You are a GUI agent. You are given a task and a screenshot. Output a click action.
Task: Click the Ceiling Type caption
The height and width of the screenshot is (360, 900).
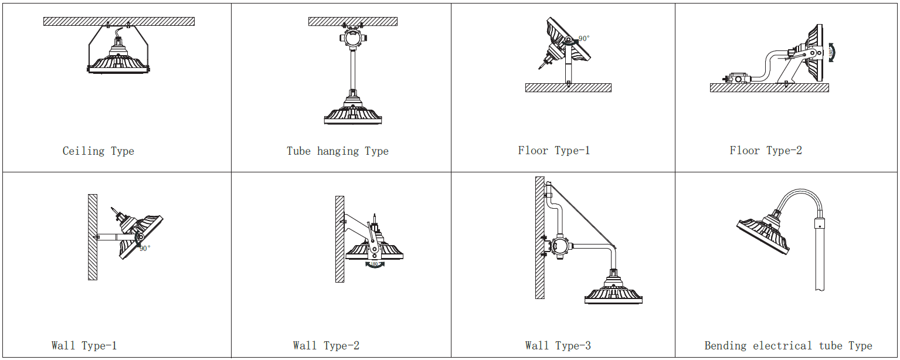point(99,151)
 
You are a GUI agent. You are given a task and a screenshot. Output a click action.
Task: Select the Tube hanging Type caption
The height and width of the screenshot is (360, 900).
point(338,151)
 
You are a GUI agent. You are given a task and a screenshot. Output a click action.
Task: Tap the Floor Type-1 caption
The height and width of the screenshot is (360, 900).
point(554,151)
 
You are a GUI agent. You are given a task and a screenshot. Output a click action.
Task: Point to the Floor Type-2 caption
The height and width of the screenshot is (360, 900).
point(766,151)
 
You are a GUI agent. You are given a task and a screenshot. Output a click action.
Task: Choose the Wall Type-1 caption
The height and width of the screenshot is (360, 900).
point(84,346)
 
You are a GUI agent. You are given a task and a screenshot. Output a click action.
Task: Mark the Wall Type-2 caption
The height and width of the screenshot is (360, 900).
point(327,346)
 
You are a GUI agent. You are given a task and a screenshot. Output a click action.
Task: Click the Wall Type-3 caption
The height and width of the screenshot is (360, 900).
point(558,346)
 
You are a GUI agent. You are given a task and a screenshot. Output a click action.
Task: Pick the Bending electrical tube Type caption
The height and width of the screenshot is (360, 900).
point(789,346)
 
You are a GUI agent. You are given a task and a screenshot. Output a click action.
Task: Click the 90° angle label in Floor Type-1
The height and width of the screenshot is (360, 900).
point(584,39)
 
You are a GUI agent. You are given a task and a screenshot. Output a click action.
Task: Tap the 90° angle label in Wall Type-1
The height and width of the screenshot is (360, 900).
point(145,248)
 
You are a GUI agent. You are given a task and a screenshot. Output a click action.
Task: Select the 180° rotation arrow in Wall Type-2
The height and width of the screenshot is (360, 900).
point(375,265)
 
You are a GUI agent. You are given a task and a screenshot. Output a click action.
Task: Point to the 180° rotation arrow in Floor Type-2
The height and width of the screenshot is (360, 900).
point(831,53)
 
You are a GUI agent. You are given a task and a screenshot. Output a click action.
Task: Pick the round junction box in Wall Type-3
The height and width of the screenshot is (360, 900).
point(560,246)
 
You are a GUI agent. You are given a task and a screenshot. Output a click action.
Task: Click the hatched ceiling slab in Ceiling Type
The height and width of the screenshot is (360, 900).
point(119,21)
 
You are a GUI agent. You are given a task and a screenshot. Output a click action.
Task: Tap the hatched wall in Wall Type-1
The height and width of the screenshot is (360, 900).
point(93,237)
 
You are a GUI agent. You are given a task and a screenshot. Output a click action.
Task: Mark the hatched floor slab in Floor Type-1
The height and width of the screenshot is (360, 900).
point(568,88)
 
